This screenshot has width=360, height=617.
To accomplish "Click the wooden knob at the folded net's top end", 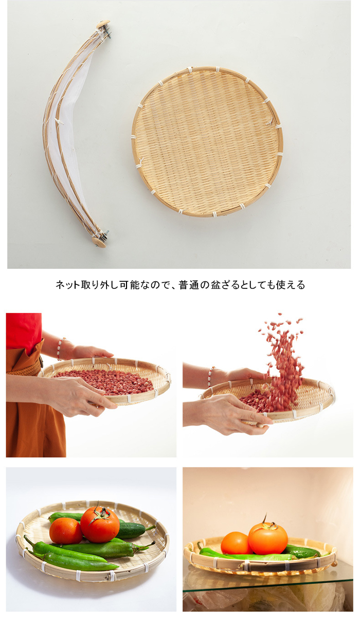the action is pos(103,24).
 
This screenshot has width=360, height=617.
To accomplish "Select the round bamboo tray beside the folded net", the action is pos(207,141).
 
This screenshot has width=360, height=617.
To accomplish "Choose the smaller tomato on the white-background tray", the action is pos(66,531).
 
